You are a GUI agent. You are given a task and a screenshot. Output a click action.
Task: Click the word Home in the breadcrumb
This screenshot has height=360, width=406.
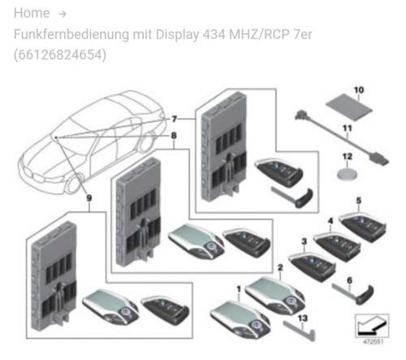point(32,13)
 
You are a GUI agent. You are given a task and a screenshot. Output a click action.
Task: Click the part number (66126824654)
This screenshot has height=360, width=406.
point(60,54)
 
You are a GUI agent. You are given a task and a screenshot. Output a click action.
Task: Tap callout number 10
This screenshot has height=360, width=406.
point(359,90)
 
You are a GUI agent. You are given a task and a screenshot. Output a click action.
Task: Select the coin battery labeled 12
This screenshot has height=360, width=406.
point(347,174)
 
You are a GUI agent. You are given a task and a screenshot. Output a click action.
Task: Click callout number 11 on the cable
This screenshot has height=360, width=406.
point(348,128)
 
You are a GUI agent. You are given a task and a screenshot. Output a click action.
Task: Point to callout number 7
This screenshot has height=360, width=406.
point(175,119)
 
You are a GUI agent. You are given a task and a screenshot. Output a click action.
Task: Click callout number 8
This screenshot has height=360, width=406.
point(174,135)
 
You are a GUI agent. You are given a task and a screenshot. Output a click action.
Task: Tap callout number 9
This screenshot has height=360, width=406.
point(89,198)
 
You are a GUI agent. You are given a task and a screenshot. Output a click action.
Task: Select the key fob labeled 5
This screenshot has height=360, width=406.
point(363,227)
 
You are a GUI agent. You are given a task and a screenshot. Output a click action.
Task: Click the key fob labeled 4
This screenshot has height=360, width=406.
point(337,246)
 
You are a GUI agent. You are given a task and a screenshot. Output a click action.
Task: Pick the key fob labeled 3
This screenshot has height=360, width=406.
point(312,267)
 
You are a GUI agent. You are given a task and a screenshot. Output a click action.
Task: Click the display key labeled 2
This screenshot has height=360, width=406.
point(275,295)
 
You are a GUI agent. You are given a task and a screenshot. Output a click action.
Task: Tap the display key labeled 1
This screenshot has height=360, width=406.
point(240,319)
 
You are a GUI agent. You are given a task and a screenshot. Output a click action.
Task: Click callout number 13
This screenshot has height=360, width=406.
point(303,318)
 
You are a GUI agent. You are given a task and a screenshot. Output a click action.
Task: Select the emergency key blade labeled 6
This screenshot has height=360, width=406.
point(353,294)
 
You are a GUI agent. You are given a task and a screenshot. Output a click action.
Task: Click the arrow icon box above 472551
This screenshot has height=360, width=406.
point(372,326)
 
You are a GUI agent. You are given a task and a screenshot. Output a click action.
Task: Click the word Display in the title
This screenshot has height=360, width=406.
point(177,35)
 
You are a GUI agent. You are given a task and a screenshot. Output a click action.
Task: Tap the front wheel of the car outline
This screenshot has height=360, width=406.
point(74,184)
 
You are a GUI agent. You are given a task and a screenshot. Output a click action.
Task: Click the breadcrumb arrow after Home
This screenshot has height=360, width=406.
point(63,14)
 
